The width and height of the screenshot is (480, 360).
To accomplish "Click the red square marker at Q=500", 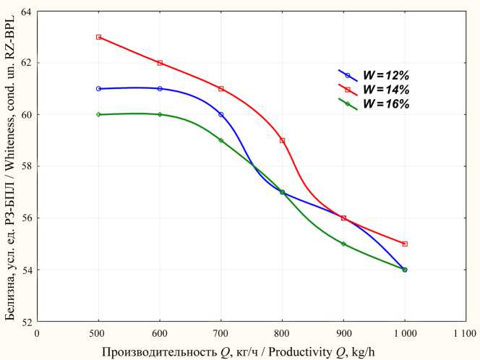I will tap(98, 37).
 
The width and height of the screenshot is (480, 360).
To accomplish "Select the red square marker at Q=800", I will tap(282, 140).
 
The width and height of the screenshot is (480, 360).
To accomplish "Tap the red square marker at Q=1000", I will tap(405, 244).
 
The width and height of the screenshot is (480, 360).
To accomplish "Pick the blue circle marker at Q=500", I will tap(98, 88).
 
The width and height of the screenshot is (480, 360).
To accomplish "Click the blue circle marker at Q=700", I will tap(221, 114).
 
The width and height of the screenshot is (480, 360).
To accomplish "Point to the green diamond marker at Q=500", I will tap(98, 114).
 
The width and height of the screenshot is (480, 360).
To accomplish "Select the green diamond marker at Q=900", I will tap(343, 244).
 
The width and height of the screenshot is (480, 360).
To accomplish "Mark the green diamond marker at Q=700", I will tap(221, 140).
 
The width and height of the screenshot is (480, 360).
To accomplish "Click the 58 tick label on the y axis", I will tap(26, 166).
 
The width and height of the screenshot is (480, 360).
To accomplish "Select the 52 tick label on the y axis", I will tap(26, 321).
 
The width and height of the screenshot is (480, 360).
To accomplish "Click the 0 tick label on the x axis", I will tap(37, 334).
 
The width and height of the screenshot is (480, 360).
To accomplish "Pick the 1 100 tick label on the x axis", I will tap(465, 334).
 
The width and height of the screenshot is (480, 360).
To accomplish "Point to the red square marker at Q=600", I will tap(160, 63).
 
